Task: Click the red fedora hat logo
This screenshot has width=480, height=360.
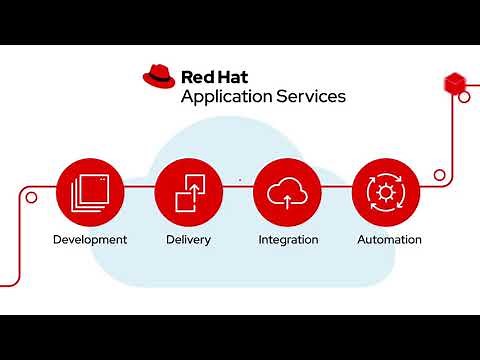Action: [159, 76]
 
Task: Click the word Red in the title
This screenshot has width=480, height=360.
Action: [197, 76]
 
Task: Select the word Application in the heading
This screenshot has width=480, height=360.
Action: [225, 97]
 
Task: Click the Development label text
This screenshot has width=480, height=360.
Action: [90, 240]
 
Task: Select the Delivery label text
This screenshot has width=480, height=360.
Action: [188, 240]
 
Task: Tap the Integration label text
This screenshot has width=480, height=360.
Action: [288, 240]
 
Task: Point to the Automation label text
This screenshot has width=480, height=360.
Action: [389, 240]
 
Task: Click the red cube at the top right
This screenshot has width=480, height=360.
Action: [454, 82]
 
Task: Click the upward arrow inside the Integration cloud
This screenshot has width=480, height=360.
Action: [288, 198]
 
